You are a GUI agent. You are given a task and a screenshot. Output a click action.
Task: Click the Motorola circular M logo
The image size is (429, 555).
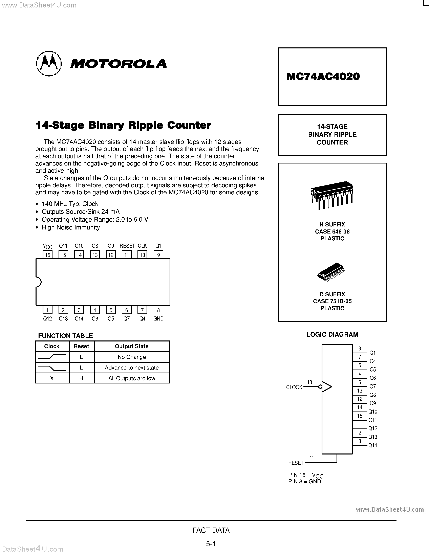coord(49,63)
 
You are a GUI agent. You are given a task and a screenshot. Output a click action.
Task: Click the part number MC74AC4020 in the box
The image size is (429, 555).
coord(323,76)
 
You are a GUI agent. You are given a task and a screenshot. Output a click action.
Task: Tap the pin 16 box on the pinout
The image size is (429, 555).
coord(47,255)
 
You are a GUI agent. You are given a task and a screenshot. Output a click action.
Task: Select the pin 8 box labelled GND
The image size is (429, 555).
coord(158,310)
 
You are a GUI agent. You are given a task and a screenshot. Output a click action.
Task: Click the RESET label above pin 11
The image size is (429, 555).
coord(127,246)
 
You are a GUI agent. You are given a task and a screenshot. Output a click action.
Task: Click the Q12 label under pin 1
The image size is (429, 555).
coord(47,319)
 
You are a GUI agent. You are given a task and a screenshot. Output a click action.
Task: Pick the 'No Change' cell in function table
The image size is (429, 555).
coord(132,357)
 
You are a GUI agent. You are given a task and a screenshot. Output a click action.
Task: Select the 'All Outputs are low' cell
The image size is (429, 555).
coord(132,378)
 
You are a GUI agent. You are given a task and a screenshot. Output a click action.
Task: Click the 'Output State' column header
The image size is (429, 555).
coord(132,346)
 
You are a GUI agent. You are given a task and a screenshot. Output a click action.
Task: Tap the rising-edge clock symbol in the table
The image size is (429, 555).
coord(52,357)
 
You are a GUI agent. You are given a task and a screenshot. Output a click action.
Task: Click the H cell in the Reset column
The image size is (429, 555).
coord(81,378)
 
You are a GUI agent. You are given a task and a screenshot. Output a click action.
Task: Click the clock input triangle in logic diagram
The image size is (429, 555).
coord(327,387)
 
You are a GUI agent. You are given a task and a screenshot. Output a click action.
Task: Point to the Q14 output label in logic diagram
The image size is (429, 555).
coord(373,445)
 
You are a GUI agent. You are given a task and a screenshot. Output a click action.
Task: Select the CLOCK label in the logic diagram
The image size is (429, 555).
coord(294,387)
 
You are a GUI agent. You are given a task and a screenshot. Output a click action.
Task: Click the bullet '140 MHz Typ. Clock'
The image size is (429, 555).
coord(70,204)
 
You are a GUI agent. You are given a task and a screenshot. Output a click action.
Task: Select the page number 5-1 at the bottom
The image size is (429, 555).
coord(211,544)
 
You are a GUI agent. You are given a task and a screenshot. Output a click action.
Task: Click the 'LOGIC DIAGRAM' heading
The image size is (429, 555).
coord(332,334)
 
